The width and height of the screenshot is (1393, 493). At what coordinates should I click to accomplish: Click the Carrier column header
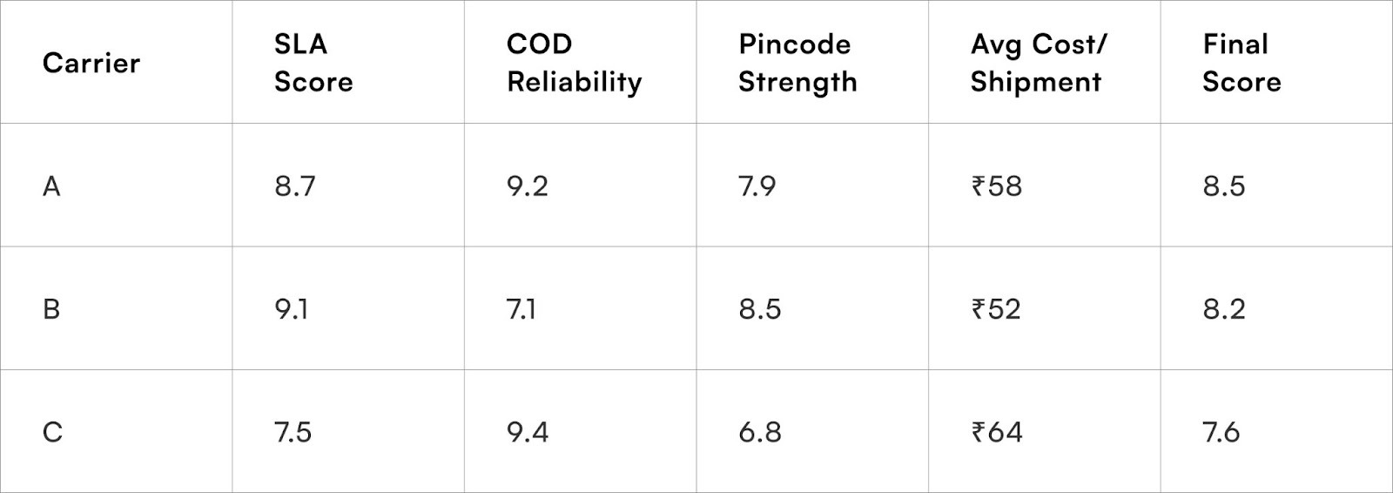pos(91,63)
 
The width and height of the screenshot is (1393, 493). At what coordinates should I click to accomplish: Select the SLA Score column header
pos(313,63)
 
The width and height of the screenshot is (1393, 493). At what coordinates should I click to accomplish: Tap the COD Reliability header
pos(574,63)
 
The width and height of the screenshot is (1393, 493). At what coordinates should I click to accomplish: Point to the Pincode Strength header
pos(797,63)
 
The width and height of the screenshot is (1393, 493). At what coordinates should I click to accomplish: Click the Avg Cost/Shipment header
pos(1038,63)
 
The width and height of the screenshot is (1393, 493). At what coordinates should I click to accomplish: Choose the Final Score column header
pos(1242,63)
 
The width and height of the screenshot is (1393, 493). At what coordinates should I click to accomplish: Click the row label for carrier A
pos(51,186)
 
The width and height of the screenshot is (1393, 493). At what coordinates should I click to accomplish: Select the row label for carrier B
pos(51,309)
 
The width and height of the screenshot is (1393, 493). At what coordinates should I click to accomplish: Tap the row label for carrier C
pos(52,432)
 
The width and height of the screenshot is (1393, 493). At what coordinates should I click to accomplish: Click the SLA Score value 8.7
pos(295,186)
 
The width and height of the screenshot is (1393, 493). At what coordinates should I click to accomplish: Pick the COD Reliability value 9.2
pos(528,186)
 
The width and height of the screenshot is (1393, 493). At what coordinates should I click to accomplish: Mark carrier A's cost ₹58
pos(997,186)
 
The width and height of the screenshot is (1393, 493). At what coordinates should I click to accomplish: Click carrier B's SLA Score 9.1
pos(292,309)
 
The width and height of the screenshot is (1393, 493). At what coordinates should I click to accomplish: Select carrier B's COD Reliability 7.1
pos(522,309)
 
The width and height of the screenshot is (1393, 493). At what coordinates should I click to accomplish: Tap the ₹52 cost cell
pos(996,309)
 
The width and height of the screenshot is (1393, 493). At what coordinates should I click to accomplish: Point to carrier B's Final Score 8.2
pos(1224,309)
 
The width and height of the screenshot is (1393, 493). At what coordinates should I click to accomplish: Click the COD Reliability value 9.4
pos(528,432)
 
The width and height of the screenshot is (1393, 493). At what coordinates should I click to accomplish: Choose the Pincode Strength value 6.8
pos(760,432)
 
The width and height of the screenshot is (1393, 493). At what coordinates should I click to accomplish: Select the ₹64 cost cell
pos(997,432)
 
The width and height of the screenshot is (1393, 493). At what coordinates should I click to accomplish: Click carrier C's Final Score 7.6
pos(1221,432)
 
